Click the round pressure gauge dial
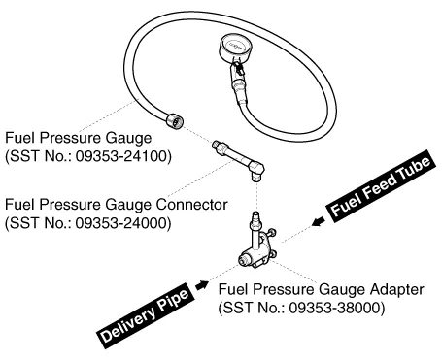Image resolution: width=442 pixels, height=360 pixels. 236,47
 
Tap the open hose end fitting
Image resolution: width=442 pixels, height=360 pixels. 175,121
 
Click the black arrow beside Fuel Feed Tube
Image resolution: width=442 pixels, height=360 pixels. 319,222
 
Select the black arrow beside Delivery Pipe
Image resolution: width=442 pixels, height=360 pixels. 202,285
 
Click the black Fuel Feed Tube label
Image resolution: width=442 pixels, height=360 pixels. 381,186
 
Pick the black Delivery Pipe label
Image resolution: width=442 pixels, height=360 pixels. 146,315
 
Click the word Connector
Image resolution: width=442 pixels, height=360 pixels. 192,205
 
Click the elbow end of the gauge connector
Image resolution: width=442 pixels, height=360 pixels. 256,171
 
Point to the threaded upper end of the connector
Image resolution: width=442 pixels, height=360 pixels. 218,146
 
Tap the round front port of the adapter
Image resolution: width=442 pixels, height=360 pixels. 244,259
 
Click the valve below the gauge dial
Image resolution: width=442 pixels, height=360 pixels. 238,69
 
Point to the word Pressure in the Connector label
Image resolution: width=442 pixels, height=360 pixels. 71,205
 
